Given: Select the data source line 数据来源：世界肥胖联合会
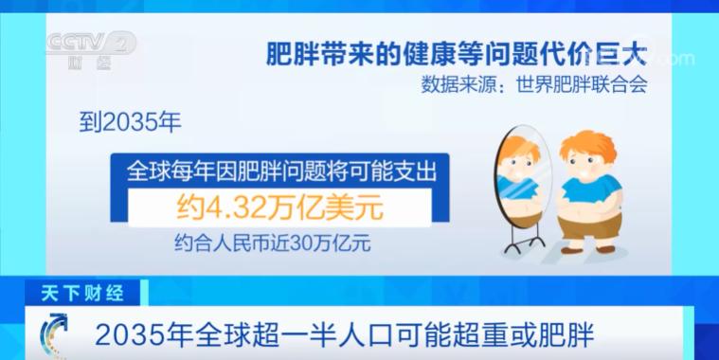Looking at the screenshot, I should (x=533, y=85).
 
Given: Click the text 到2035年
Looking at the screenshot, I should (x=122, y=122).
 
